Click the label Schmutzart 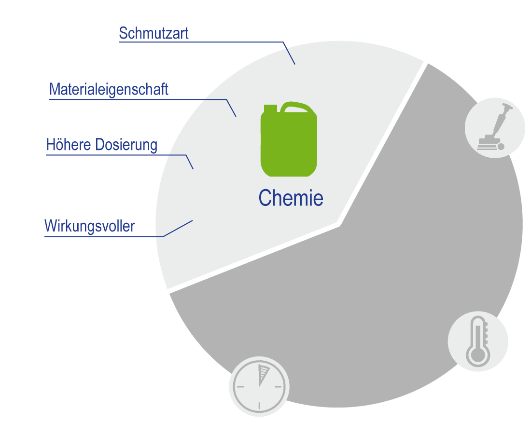[154, 33]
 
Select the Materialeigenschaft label [109, 89]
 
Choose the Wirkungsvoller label [89, 226]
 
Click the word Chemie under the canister [291, 198]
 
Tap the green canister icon [289, 142]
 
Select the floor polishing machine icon [494, 128]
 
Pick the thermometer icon [478, 341]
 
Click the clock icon [259, 386]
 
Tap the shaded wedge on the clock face [263, 374]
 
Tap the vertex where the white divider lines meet [340, 224]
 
